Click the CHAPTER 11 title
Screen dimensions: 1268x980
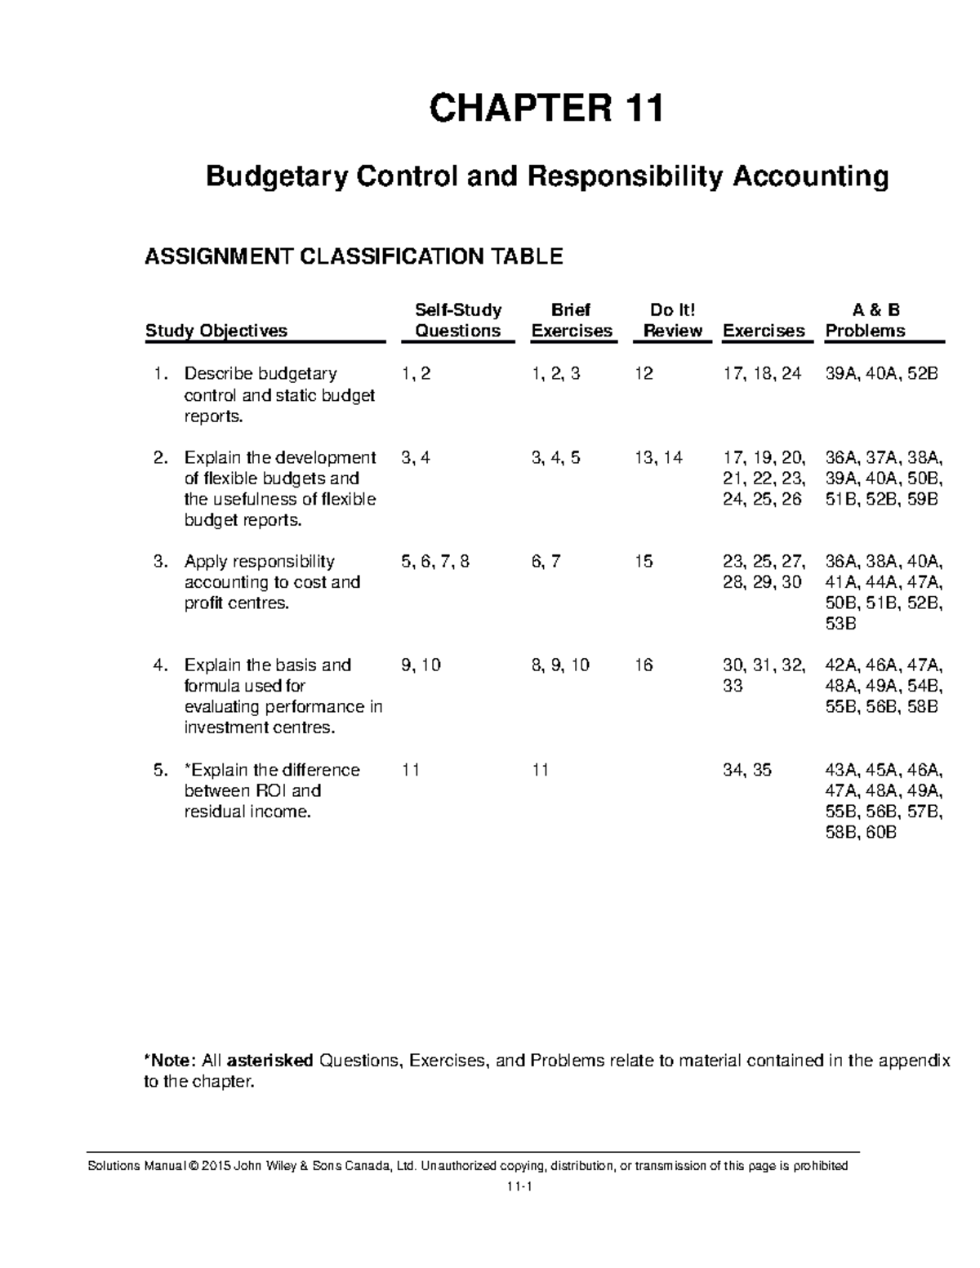pos(546,109)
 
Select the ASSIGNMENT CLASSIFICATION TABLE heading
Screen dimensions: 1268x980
pos(354,257)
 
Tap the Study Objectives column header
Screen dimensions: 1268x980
pos(216,331)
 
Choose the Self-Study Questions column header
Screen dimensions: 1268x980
pos(458,320)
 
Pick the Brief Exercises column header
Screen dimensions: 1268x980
pos(572,320)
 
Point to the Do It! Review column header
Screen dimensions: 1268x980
pos(673,320)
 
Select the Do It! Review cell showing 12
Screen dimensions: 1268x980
pos(644,374)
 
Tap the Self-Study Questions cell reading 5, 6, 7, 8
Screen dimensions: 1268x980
pos(435,562)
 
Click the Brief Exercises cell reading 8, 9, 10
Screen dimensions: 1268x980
pos(560,665)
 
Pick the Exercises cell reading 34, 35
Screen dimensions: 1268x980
pos(747,770)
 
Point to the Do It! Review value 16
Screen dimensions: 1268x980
pos(644,665)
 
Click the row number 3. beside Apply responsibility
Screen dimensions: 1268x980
pos(161,562)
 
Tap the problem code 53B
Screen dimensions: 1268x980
pos(841,625)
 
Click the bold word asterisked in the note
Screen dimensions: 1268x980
pos(269,1061)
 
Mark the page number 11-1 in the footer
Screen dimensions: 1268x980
pos(519,1189)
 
